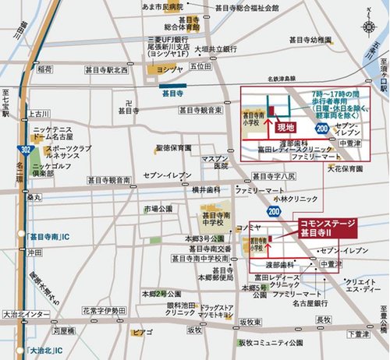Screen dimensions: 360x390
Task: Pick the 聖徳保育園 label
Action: click(173, 146)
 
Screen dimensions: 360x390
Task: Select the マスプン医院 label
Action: click(215, 164)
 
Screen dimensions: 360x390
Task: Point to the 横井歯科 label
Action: click(207, 189)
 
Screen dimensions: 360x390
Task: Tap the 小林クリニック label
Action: click(272, 199)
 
